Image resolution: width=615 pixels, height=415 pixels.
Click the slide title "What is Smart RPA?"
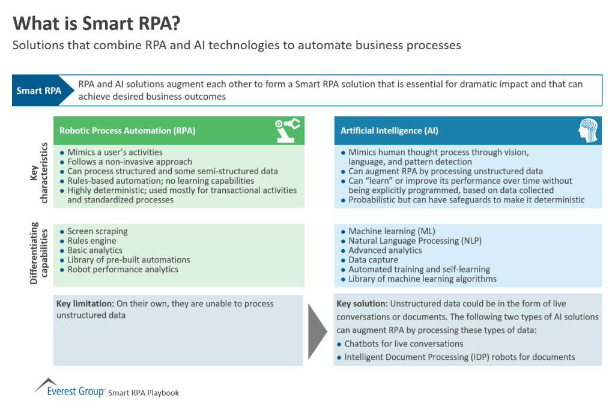pos(97,24)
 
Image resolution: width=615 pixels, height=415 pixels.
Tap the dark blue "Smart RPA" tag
pos(38,91)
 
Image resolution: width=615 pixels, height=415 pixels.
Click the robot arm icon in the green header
pos(287,130)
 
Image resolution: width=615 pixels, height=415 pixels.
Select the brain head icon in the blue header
pos(588,130)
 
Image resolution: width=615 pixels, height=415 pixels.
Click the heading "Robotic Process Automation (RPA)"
pos(127,130)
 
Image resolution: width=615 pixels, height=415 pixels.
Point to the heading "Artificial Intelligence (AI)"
pos(389,130)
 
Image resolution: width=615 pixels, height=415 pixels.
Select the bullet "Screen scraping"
pos(97,231)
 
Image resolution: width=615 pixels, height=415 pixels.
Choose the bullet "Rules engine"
pos(92,241)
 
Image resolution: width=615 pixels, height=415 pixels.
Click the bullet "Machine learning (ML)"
pos(392,231)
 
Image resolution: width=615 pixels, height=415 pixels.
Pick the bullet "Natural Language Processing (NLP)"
pos(415,241)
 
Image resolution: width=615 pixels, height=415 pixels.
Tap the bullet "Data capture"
pos(373,260)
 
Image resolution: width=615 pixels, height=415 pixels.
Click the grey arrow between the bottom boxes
pos(318,330)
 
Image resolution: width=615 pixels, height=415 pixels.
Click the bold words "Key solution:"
pos(362,304)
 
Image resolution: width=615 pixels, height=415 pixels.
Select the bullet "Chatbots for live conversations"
pos(404,344)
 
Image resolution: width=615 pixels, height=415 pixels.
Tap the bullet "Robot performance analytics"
pos(123,270)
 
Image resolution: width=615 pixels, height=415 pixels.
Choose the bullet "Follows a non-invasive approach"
pos(130,162)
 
